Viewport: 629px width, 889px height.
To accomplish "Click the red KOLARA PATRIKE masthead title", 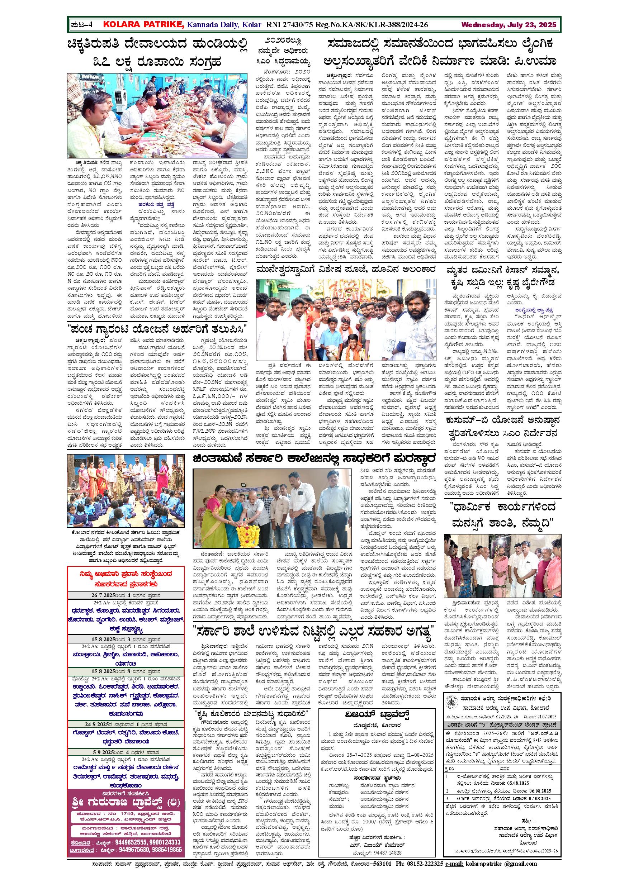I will [x=144, y=25].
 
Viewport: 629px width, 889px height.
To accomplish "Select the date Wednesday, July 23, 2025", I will [x=508, y=25].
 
